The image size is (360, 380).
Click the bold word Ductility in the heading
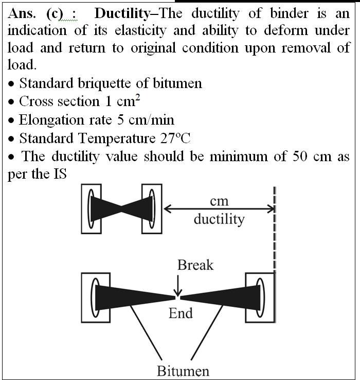coord(122,14)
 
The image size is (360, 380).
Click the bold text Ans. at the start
coord(22,13)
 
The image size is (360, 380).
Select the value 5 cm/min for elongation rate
coord(146,120)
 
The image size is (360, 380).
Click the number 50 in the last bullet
coord(300,156)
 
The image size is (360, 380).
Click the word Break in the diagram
coord(195,265)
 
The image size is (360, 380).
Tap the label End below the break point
coord(181,313)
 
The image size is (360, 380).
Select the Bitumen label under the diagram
coord(183,371)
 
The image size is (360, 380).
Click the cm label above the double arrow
coord(219,201)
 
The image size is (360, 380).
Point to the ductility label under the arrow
coord(219,219)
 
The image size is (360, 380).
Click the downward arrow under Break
coord(178,285)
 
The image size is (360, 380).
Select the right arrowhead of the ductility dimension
coord(272,209)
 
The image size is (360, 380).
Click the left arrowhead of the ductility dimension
coord(167,209)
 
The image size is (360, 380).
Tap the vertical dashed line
coord(275,230)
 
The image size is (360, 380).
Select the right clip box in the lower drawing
coord(260,298)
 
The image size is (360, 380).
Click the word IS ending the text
coord(60,174)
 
